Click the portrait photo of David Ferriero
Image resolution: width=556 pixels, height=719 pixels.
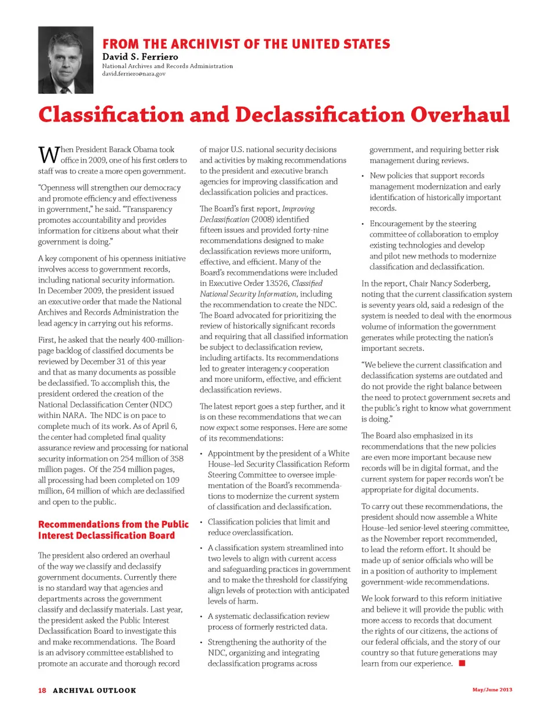click(65, 60)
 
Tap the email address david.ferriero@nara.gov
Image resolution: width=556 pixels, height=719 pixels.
click(134, 74)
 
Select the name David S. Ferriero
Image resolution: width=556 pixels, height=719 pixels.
click(140, 57)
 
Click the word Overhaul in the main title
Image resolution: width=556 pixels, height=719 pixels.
click(460, 115)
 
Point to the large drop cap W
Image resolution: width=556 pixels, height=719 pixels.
click(48, 155)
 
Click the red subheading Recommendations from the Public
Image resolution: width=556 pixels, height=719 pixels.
click(114, 524)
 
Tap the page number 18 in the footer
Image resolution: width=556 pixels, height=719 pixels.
click(42, 690)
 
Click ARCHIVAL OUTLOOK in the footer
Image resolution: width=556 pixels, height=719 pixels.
click(94, 690)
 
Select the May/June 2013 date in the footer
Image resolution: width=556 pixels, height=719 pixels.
click(492, 689)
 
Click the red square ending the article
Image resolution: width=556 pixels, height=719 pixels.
click(462, 663)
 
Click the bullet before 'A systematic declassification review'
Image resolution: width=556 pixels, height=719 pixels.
click(202, 617)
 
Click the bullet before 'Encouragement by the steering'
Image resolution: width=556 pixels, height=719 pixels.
click(363, 224)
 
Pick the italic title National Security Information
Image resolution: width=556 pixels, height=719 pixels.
click(248, 294)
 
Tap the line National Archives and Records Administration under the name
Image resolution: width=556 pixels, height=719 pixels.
click(167, 66)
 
